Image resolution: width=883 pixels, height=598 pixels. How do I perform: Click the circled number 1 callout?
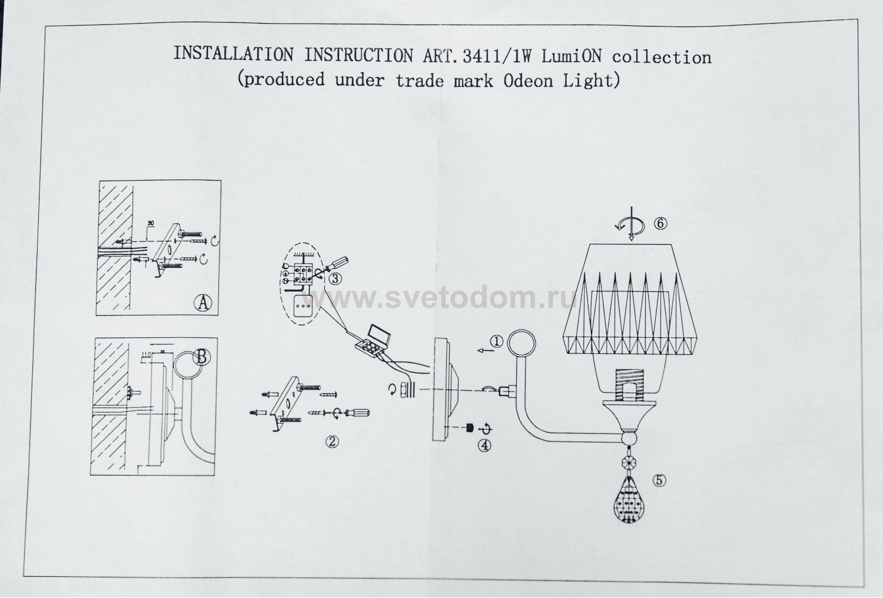click(496, 342)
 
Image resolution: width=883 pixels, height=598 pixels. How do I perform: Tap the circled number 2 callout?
click(333, 441)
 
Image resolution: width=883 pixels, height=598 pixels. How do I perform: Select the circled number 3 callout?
click(335, 279)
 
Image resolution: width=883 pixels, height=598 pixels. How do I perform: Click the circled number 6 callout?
click(659, 223)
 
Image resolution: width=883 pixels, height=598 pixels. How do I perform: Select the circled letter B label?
click(201, 357)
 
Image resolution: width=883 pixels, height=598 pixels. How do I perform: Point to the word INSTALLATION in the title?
click(233, 55)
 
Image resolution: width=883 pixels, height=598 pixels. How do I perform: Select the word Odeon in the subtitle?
click(529, 80)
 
